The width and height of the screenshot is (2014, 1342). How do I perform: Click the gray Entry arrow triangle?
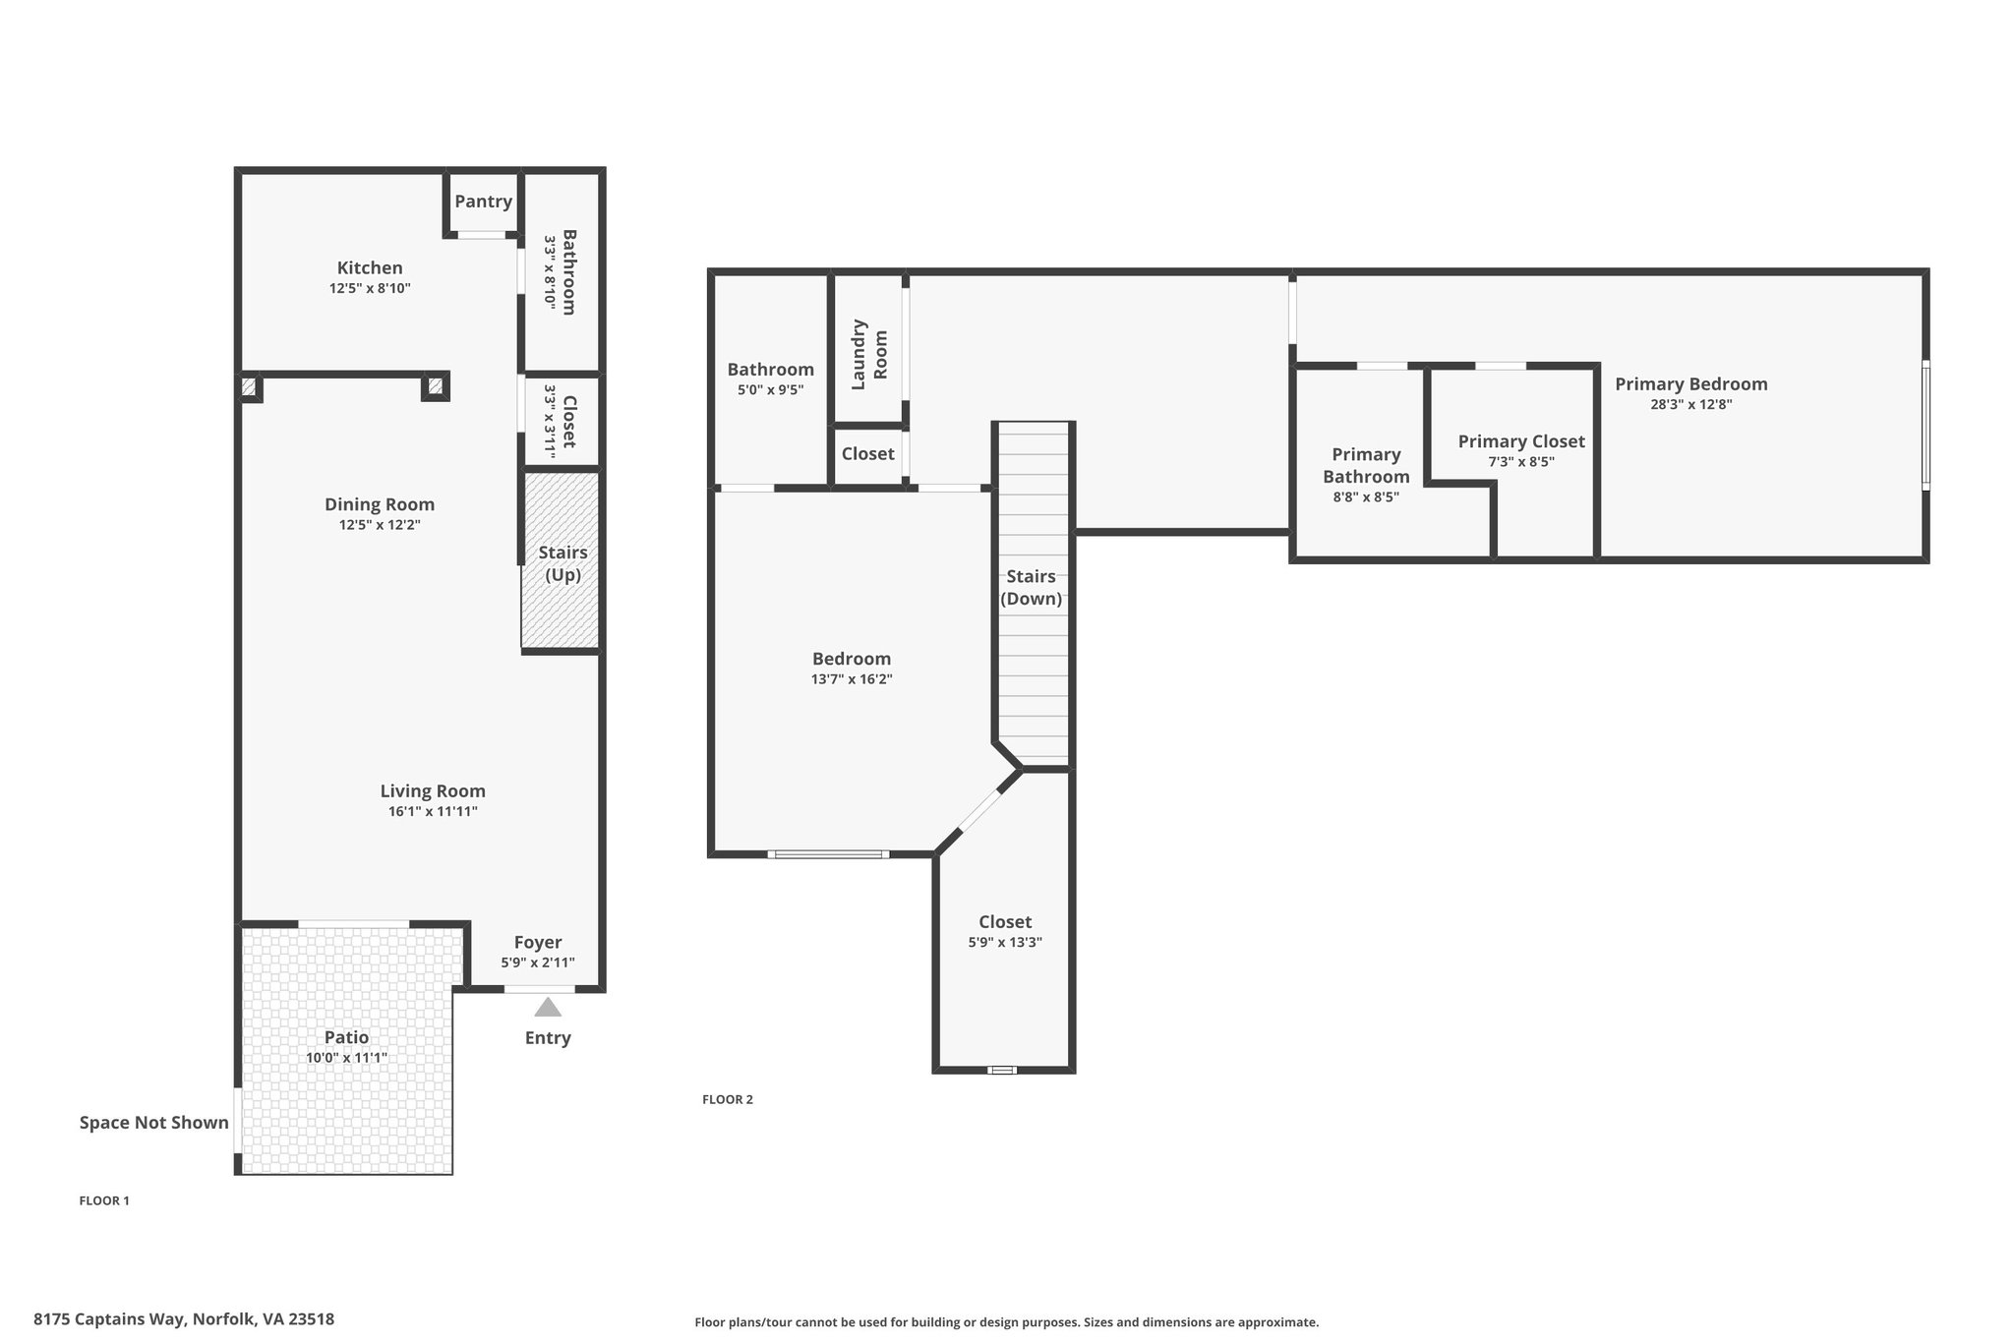pyautogui.click(x=548, y=1007)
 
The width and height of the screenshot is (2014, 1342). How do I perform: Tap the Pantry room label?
pyautogui.click(x=483, y=202)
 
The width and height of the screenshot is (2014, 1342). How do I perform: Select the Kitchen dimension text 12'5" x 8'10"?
pyautogui.click(x=370, y=289)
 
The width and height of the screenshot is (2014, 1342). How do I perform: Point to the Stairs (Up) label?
pyautogui.click(x=563, y=563)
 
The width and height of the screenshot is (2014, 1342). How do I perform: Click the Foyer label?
pyautogui.click(x=538, y=943)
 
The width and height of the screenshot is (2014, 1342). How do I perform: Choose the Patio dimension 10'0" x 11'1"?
pyautogui.click(x=346, y=1058)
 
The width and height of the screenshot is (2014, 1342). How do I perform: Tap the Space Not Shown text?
pyautogui.click(x=154, y=1123)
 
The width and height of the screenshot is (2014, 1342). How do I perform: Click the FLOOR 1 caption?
pyautogui.click(x=104, y=1200)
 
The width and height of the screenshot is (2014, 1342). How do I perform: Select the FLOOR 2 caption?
pyautogui.click(x=728, y=1099)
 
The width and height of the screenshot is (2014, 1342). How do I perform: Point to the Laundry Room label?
pyautogui.click(x=869, y=354)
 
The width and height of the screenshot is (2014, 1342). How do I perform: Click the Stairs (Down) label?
pyautogui.click(x=1031, y=588)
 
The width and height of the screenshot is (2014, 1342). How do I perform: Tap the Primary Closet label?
pyautogui.click(x=1521, y=441)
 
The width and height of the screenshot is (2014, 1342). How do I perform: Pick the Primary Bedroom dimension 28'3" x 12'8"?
pyautogui.click(x=1691, y=404)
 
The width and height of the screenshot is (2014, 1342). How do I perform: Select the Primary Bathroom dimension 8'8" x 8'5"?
pyautogui.click(x=1366, y=497)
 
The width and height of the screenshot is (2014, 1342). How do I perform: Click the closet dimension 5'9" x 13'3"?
pyautogui.click(x=1005, y=942)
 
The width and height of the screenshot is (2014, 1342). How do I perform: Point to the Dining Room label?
pyautogui.click(x=380, y=504)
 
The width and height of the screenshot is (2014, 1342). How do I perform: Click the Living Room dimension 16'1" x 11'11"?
pyautogui.click(x=433, y=812)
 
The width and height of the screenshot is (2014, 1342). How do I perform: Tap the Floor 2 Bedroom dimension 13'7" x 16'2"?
pyautogui.click(x=852, y=679)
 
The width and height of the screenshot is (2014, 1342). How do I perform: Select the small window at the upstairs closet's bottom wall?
pyautogui.click(x=1002, y=1070)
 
